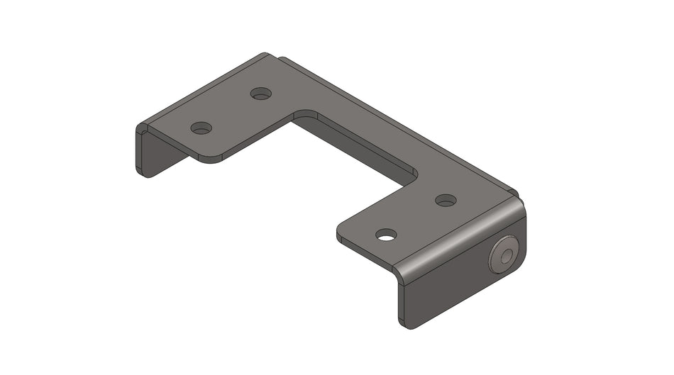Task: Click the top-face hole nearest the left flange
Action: point(201,128)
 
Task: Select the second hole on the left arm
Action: point(261,94)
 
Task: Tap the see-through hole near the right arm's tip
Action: point(386,235)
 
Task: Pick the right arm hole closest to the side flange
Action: point(446,201)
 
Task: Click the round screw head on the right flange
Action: point(504,256)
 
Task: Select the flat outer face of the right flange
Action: point(454,284)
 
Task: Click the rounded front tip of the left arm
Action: point(209,158)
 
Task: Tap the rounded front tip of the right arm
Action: point(343,233)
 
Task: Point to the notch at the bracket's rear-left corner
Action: point(273,57)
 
